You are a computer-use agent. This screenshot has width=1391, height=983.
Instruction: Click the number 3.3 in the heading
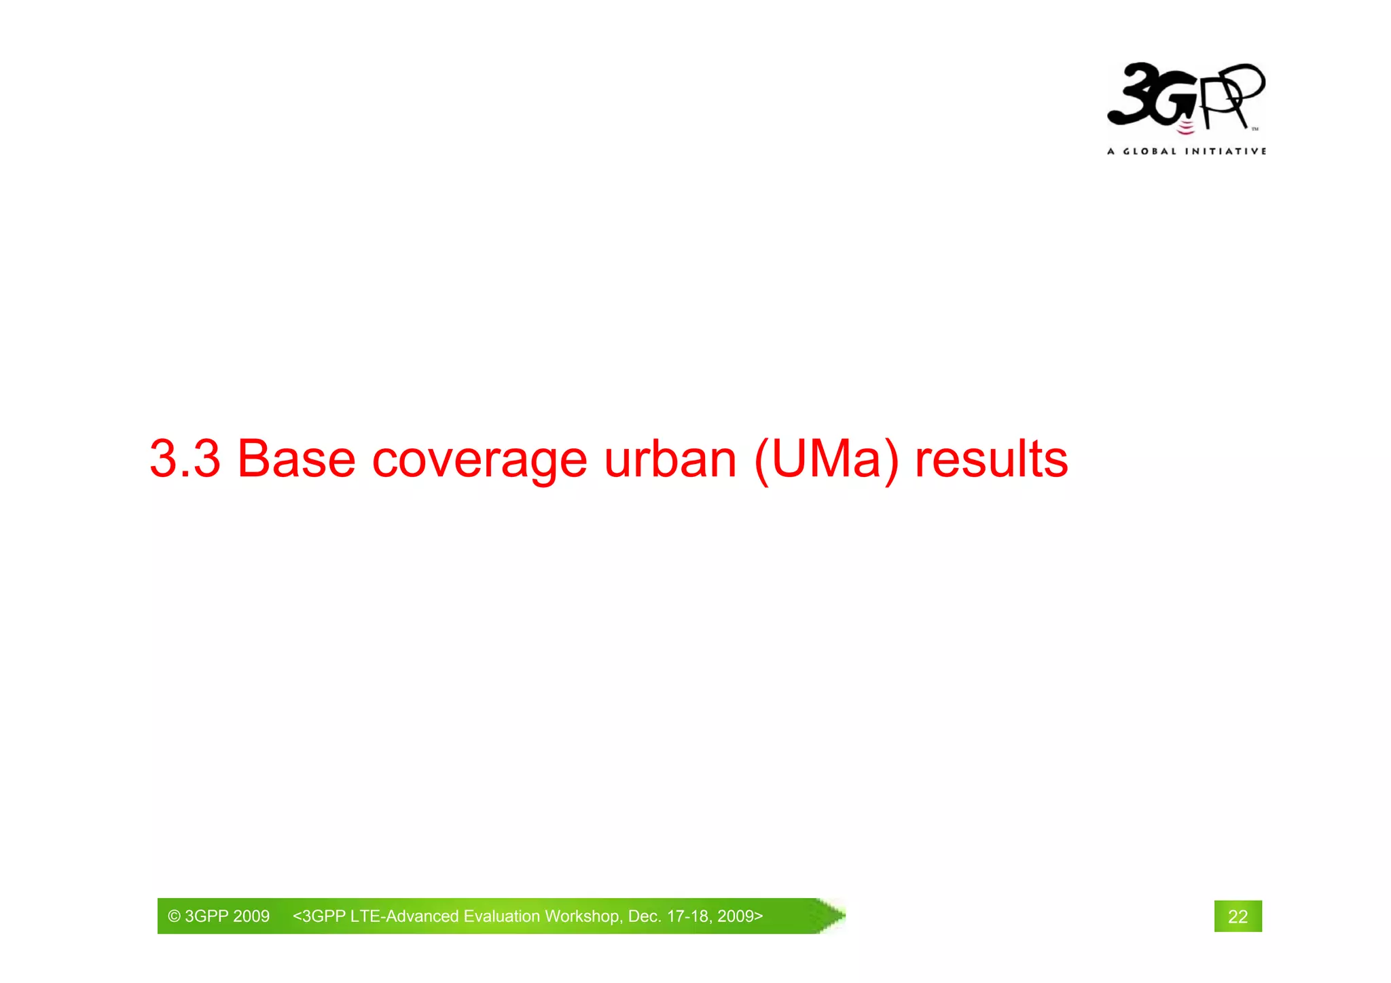(x=185, y=459)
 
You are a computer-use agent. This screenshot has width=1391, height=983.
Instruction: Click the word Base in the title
(x=295, y=459)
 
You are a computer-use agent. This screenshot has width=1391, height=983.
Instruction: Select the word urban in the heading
(x=670, y=459)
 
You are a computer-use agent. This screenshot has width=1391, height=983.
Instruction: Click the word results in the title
(x=991, y=459)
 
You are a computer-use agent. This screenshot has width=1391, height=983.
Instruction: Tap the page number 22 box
(x=1238, y=916)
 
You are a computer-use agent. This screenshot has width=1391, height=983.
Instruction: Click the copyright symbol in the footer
(x=174, y=916)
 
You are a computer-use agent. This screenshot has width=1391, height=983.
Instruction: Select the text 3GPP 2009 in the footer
(x=227, y=916)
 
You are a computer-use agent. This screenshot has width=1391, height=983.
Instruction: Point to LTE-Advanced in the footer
(x=405, y=916)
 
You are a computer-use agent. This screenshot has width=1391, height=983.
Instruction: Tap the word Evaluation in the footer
(x=502, y=916)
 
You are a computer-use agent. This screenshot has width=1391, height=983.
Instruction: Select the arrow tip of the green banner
(x=835, y=916)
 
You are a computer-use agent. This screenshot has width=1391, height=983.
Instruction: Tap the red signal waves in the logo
(x=1185, y=128)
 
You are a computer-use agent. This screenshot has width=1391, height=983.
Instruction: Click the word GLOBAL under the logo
(x=1149, y=151)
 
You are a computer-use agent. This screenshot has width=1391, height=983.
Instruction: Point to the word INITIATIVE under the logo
(x=1225, y=151)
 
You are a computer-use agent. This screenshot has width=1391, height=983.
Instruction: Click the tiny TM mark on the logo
(x=1254, y=128)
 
